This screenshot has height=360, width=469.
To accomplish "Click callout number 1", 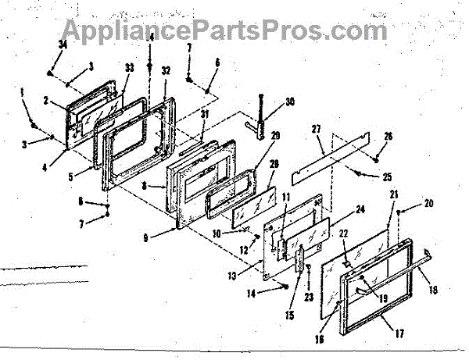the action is (x=23, y=91).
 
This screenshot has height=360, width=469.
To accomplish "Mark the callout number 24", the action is (x=360, y=209).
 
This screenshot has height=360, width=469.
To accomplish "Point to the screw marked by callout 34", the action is (x=50, y=71).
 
